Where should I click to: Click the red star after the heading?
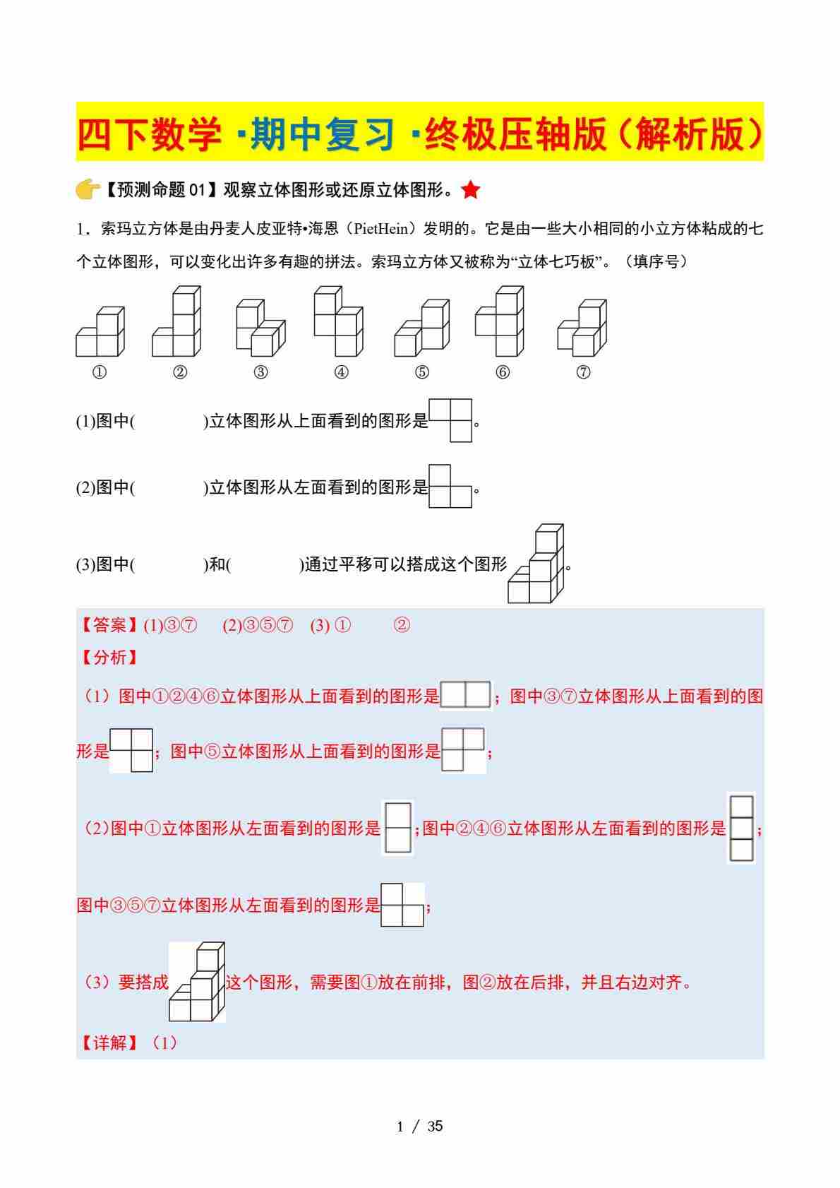pyautogui.click(x=472, y=190)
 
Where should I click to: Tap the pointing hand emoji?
pyautogui.click(x=88, y=190)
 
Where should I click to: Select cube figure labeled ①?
pyautogui.click(x=100, y=333)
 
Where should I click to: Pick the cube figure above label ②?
pyautogui.click(x=176, y=322)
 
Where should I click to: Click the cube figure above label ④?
pyautogui.click(x=338, y=322)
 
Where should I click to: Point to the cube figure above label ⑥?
pyautogui.click(x=500, y=322)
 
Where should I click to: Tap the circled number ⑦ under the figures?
pyautogui.click(x=583, y=372)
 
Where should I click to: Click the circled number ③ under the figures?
pyautogui.click(x=260, y=372)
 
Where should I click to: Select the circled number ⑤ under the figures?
pyautogui.click(x=422, y=372)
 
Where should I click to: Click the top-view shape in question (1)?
pyautogui.click(x=450, y=420)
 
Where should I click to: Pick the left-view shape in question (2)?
pyautogui.click(x=450, y=486)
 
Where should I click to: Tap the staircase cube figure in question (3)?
pyautogui.click(x=536, y=564)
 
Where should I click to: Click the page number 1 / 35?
pyautogui.click(x=420, y=1127)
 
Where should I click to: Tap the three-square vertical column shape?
pyautogui.click(x=741, y=828)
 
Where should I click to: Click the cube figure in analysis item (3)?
pyautogui.click(x=197, y=982)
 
